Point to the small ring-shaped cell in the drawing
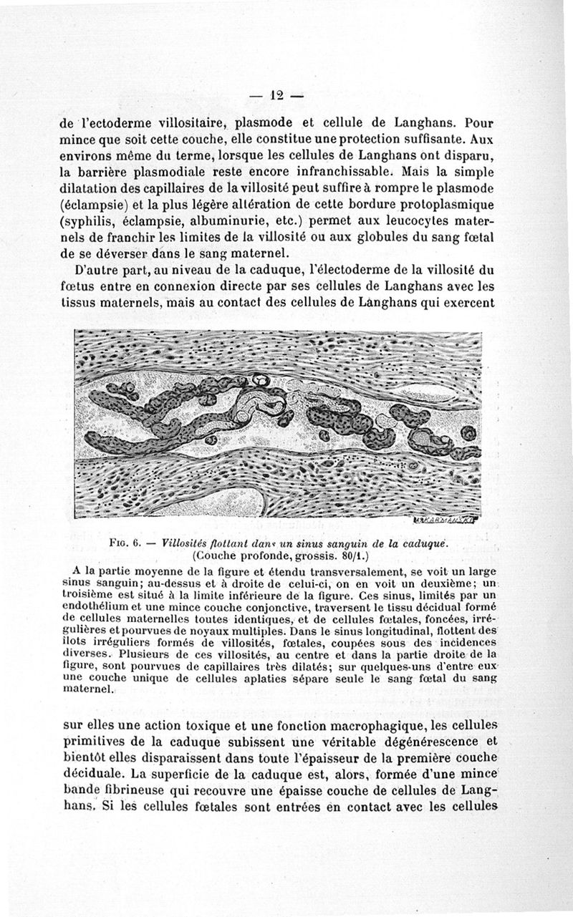(x=263, y=379)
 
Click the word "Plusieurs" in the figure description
(x=145, y=654)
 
